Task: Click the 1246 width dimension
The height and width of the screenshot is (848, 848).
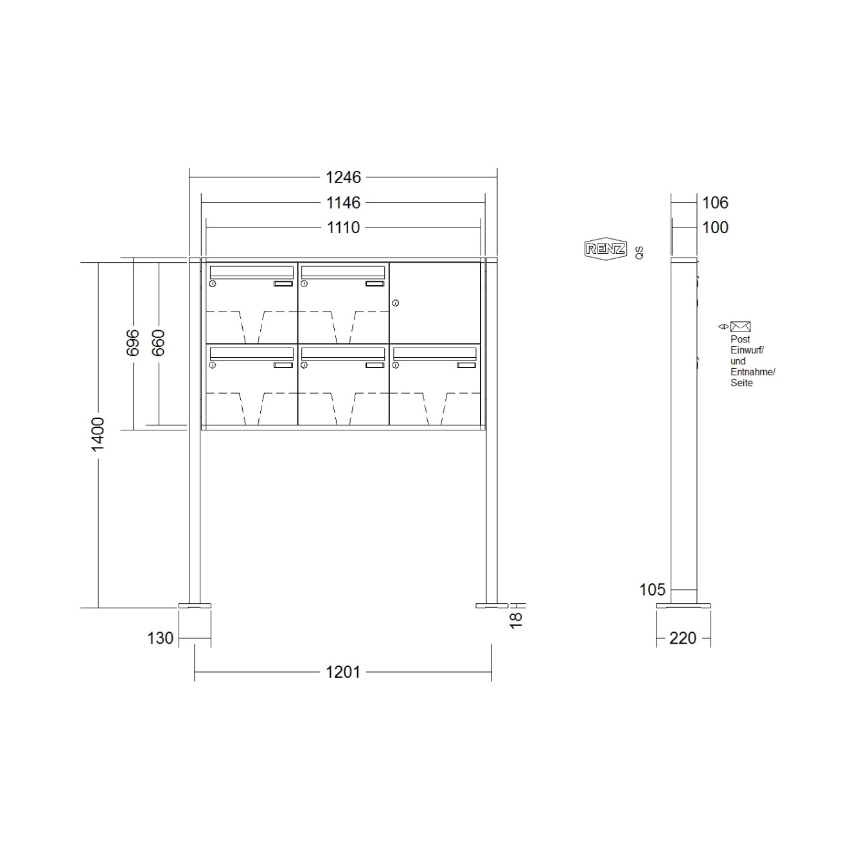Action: pos(343,177)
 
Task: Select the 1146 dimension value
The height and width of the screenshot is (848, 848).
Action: pos(343,203)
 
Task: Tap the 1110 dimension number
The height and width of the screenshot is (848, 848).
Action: pos(343,227)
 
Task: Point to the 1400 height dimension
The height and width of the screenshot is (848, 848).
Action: pos(98,434)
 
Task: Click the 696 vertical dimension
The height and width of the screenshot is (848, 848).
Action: pos(133,342)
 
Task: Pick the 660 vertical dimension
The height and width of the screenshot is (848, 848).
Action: pos(158,342)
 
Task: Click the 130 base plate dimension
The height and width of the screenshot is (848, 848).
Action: pos(160,638)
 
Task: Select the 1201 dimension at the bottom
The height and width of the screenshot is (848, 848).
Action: pos(343,672)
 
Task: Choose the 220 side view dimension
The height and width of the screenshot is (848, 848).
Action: pos(683,638)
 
